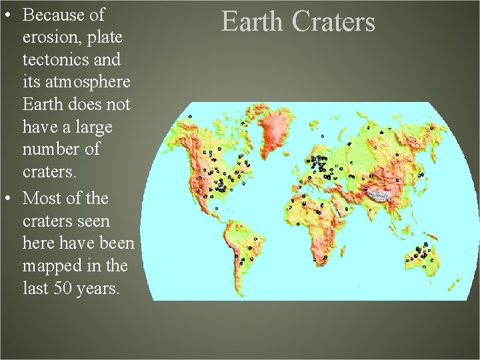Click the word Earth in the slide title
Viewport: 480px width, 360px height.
(253, 22)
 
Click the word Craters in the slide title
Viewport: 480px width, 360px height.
(333, 22)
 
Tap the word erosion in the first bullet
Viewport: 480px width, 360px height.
(51, 37)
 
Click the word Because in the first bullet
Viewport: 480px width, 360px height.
(53, 15)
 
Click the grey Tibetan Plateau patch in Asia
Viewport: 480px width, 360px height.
(379, 194)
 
